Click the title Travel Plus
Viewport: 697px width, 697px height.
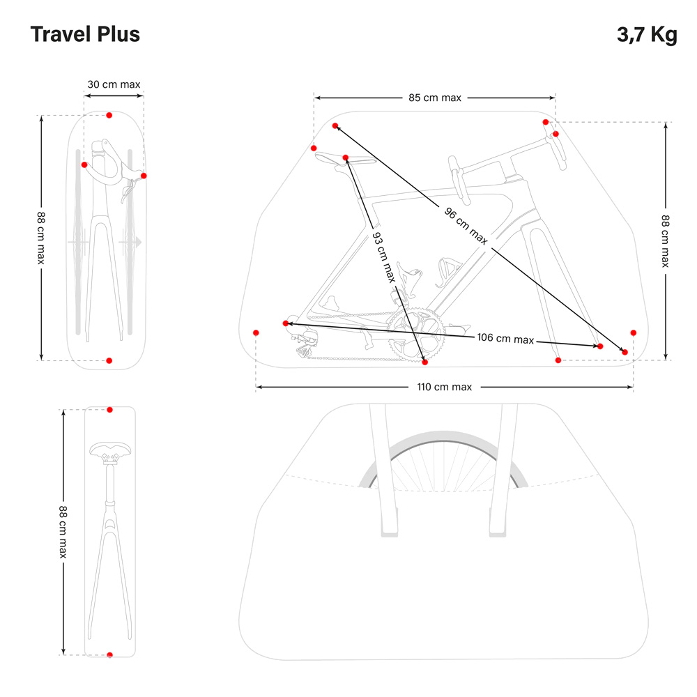tap(85, 34)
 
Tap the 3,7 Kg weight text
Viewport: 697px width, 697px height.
tap(646, 35)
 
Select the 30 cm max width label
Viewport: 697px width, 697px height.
tap(114, 84)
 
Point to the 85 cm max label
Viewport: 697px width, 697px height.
tap(435, 98)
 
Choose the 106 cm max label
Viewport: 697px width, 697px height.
tap(505, 339)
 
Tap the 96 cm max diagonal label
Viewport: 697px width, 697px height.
tap(466, 224)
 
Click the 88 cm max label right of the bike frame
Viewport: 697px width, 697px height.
tap(665, 240)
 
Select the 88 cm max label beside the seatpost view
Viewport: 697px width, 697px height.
tap(62, 532)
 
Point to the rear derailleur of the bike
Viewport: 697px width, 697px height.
tap(305, 343)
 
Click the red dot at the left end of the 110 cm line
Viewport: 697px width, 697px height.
tap(256, 332)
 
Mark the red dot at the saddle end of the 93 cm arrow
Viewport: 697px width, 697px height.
tap(346, 158)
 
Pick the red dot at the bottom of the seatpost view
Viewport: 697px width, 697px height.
tap(109, 654)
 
